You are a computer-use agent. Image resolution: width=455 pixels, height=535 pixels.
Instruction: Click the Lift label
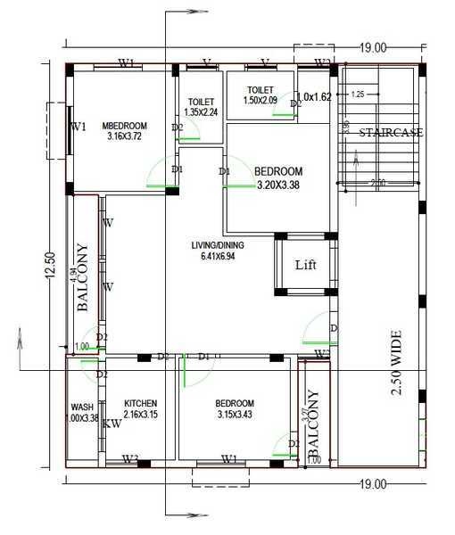click(306, 265)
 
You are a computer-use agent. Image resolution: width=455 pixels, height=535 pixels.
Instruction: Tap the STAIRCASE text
click(391, 133)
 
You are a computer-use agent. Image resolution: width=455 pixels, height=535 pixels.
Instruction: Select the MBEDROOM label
click(125, 126)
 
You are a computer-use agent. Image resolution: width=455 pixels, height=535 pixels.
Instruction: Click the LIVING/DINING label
click(218, 245)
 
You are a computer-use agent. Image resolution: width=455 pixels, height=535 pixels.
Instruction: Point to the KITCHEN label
click(141, 403)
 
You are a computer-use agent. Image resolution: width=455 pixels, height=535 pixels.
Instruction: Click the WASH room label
click(83, 407)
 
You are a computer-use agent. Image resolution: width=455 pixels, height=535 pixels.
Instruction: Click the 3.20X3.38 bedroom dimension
click(278, 186)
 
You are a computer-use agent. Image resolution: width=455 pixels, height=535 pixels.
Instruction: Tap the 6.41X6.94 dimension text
click(219, 257)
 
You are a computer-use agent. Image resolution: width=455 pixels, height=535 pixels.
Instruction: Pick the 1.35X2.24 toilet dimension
click(202, 112)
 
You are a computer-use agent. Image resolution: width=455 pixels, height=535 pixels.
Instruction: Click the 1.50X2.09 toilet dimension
click(261, 102)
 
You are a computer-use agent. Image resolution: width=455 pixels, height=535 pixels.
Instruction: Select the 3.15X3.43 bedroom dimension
click(236, 415)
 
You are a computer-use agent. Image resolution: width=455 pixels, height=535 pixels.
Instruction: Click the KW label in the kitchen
click(112, 424)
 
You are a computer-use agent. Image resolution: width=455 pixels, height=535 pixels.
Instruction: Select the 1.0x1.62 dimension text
click(314, 96)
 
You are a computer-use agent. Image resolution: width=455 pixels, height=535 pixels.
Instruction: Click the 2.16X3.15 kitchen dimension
click(141, 415)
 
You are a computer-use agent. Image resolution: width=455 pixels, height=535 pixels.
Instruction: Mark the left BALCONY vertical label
click(82, 276)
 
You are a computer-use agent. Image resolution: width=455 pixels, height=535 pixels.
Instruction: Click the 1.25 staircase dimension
click(358, 94)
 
